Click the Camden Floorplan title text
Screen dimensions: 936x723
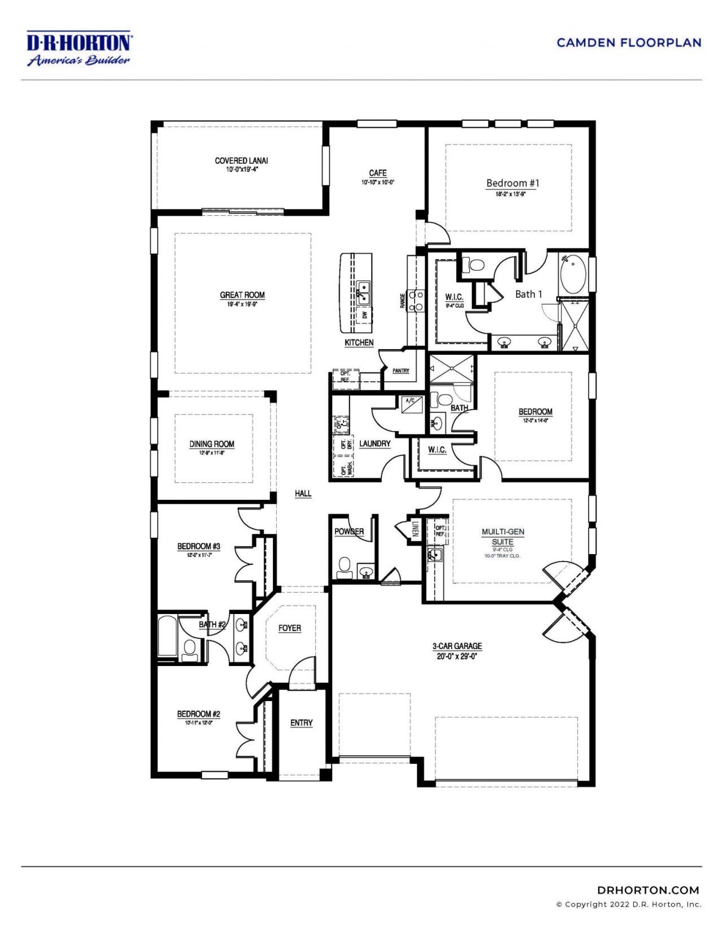tap(629, 42)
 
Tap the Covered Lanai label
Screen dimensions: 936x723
tap(241, 161)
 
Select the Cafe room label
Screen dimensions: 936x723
tap(378, 173)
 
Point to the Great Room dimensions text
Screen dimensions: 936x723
tap(242, 304)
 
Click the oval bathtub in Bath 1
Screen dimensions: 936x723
tap(573, 273)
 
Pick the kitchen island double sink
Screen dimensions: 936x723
tap(363, 292)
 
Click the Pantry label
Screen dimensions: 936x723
tap(400, 371)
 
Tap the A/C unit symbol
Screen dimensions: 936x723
tap(408, 405)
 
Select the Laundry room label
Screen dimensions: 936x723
tap(374, 443)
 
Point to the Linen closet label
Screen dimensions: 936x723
tap(416, 529)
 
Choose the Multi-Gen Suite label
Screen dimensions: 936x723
tap(503, 537)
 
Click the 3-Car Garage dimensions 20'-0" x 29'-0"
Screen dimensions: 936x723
tap(457, 656)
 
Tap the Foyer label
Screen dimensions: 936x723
tap(290, 628)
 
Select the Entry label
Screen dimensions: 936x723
tap(301, 723)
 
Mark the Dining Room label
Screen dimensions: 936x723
tap(212, 444)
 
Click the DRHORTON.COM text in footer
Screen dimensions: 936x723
tap(648, 890)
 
